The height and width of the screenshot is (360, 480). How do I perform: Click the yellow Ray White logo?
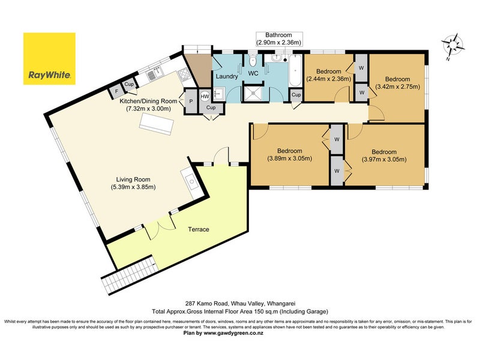[x=49, y=58]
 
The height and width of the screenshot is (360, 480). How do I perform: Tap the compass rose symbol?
[x=453, y=46]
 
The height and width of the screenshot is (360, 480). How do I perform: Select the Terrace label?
[x=199, y=229]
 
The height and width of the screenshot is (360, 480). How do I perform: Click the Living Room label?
[x=133, y=179]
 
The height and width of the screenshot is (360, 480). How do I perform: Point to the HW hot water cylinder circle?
[x=205, y=97]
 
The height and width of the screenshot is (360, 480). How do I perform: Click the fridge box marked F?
[x=116, y=91]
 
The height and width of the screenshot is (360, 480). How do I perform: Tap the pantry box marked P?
[x=191, y=101]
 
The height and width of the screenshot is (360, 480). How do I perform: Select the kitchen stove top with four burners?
[x=184, y=73]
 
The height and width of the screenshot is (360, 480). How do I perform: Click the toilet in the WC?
[x=253, y=61]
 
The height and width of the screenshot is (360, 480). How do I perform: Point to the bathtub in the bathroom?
[x=296, y=70]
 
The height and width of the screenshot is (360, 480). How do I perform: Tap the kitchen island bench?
[x=156, y=124]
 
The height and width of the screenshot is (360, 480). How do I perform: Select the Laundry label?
[x=227, y=76]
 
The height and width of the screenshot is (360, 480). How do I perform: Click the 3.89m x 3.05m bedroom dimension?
[x=290, y=158]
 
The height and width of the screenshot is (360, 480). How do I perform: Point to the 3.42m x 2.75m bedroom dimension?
[x=398, y=86]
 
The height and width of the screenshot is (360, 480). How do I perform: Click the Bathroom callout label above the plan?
[x=278, y=39]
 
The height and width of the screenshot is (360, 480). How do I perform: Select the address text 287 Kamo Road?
[x=206, y=304]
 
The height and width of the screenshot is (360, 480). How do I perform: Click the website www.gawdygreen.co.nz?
[x=233, y=333]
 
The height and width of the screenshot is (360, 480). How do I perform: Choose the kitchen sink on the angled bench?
[x=155, y=74]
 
